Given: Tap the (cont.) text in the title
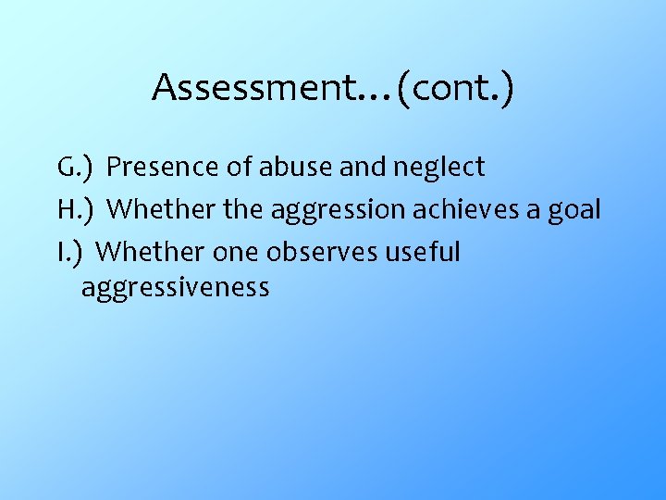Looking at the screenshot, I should pos(454,88).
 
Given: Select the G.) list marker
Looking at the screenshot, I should pos(73,168).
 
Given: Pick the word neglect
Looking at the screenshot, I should pos(438,169).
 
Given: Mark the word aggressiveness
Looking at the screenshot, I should pos(175,288).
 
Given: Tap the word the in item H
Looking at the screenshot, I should pos(243,209).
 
